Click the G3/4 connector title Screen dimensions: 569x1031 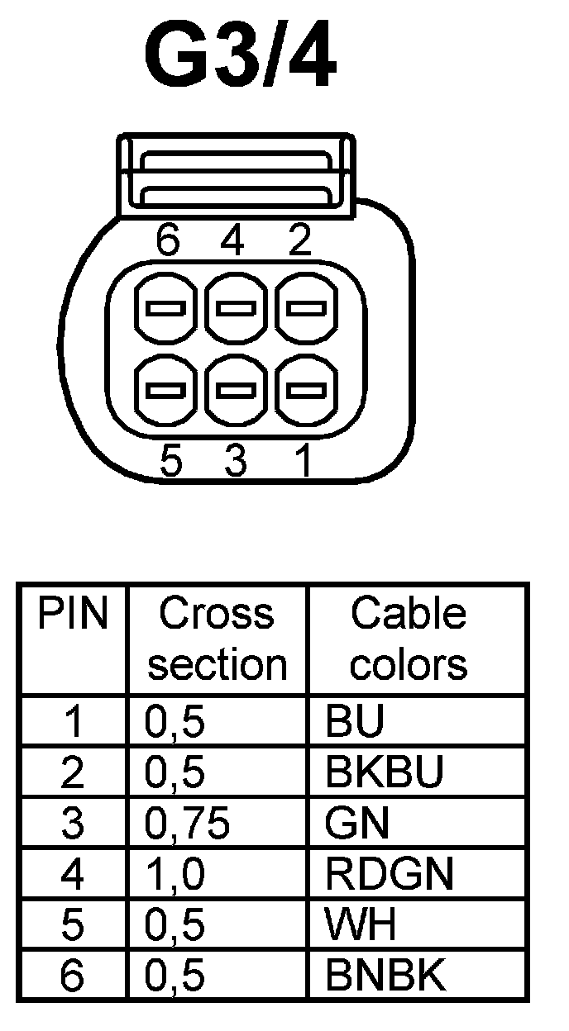click(241, 58)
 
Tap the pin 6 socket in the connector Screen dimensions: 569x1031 click(165, 311)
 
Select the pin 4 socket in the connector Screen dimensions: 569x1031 click(236, 311)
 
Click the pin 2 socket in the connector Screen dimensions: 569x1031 click(305, 311)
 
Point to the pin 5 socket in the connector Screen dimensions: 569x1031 click(165, 388)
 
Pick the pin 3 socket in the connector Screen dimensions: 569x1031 click(236, 388)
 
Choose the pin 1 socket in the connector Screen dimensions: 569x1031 click(305, 388)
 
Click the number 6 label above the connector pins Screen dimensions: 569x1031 click(169, 241)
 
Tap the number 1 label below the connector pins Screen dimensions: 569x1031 click(304, 461)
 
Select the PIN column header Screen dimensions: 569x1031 click(74, 615)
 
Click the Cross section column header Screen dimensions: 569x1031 click(217, 639)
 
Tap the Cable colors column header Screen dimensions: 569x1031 click(409, 639)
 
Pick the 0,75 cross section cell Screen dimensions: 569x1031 click(187, 824)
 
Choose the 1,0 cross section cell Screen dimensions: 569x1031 click(175, 875)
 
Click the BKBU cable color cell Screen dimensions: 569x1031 click(385, 772)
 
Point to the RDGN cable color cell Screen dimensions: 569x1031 click(390, 875)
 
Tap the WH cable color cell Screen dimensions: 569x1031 click(361, 926)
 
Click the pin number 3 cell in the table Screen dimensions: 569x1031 click(74, 824)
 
